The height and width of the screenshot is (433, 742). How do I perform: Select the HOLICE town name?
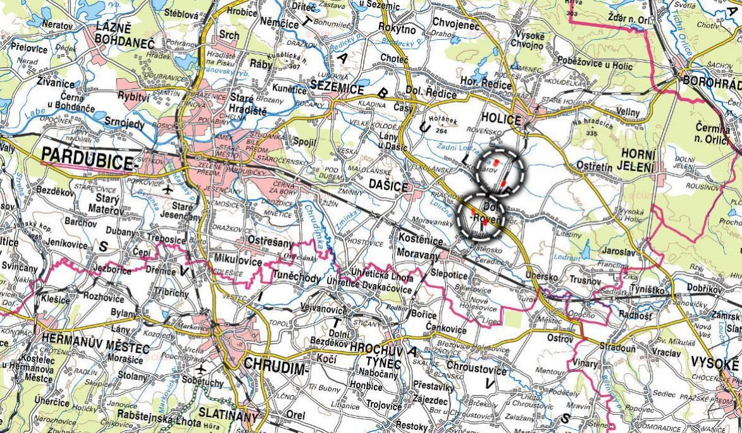pyautogui.click(x=500, y=118)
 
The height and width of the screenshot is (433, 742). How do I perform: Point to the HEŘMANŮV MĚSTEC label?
pyautogui.click(x=95, y=348)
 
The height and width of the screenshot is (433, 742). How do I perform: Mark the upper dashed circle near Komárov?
pyautogui.click(x=501, y=172)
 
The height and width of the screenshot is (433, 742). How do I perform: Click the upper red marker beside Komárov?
pyautogui.click(x=497, y=163)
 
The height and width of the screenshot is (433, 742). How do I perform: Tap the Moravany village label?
pyautogui.click(x=418, y=254)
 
